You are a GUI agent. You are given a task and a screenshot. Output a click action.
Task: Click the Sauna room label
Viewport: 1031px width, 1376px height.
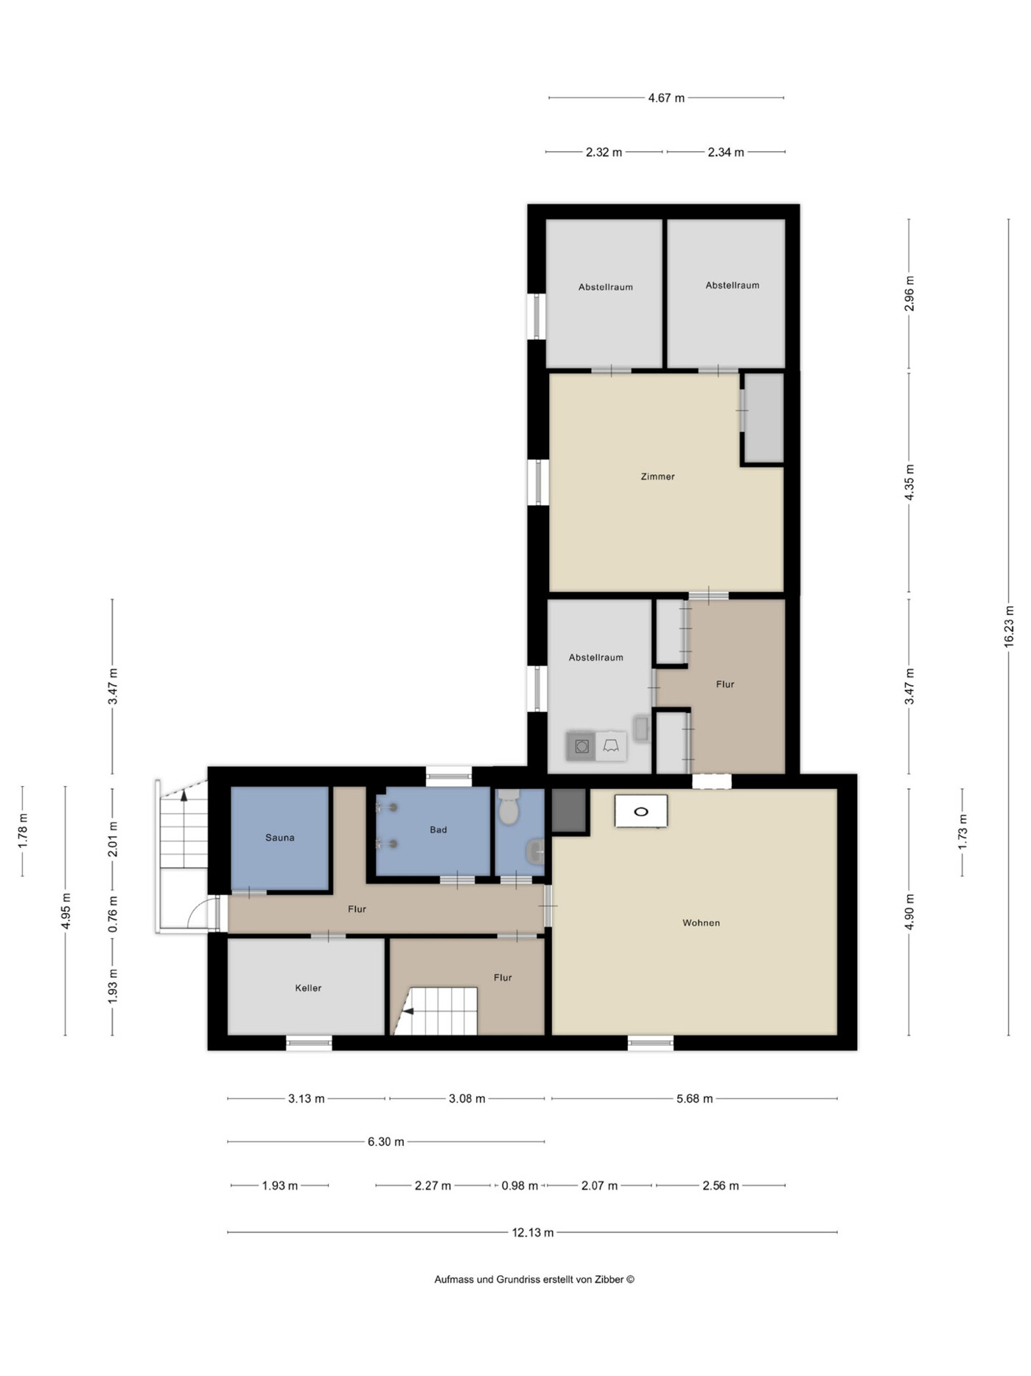[x=280, y=838]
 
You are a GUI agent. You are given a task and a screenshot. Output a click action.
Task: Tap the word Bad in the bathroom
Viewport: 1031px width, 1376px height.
[x=438, y=830]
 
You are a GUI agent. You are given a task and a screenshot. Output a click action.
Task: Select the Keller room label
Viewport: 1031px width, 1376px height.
[x=308, y=988]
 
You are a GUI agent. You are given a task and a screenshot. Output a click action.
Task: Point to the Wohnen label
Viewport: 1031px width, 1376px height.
[x=701, y=922]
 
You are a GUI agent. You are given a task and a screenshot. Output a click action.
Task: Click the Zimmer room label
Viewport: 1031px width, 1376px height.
[x=657, y=476]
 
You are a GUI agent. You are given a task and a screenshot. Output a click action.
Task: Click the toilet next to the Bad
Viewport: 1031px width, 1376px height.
[x=508, y=807]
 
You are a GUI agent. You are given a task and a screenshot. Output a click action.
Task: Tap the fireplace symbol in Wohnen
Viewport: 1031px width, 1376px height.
[x=641, y=811]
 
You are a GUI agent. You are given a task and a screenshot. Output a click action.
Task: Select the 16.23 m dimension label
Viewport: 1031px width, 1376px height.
[x=1009, y=627]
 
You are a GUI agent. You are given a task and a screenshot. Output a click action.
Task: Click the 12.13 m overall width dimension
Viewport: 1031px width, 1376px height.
[x=533, y=1232]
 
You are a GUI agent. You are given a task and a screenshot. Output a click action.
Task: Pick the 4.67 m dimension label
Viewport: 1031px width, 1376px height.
[x=666, y=97]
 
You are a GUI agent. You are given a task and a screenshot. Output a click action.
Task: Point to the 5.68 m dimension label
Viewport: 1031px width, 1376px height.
[x=694, y=1099]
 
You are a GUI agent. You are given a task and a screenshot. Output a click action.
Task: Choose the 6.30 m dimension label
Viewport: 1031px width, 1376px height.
[x=386, y=1142]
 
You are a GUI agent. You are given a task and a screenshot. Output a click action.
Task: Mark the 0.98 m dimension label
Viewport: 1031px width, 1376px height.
[x=520, y=1186]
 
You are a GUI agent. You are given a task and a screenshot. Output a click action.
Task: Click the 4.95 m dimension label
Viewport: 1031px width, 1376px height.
[x=66, y=911]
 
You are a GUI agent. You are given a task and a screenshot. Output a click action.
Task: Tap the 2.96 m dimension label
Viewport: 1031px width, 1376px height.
[x=909, y=293]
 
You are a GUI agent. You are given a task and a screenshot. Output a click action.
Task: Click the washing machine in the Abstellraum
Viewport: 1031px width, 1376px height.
[x=581, y=746]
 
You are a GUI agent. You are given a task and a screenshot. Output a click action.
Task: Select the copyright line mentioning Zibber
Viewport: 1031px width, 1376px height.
[x=534, y=1279]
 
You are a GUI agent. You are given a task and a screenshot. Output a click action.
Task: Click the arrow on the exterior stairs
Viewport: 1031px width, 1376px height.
[x=184, y=794]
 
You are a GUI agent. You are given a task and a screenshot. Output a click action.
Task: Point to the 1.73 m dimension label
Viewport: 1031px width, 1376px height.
[x=962, y=832]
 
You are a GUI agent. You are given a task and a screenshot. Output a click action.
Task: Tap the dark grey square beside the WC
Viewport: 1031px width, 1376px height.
[x=568, y=811]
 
